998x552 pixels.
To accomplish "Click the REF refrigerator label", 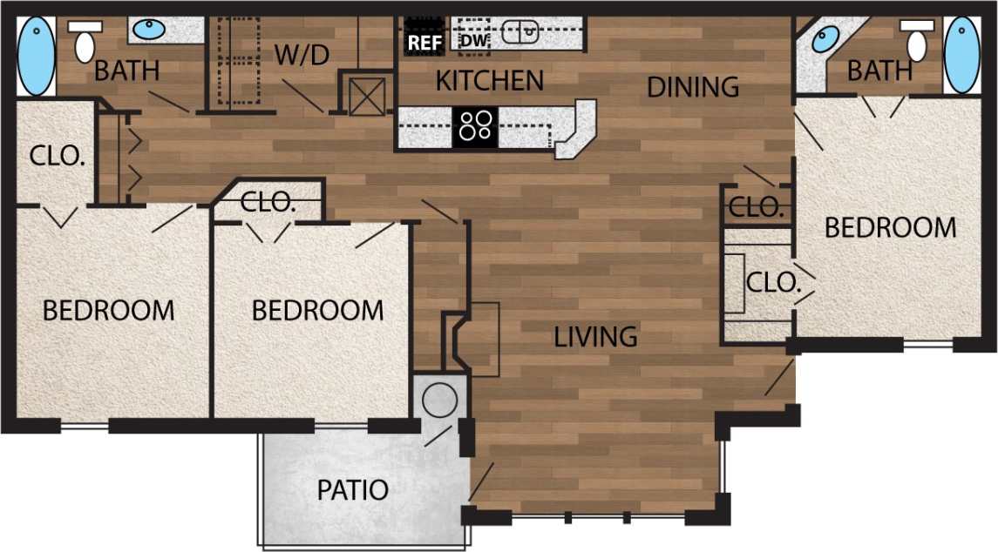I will click(x=424, y=41).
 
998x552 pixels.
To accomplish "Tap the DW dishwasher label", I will click(x=472, y=40).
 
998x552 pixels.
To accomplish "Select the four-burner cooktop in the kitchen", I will click(x=475, y=126).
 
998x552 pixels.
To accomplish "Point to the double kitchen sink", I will click(x=529, y=34).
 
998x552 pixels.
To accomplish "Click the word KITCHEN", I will click(x=489, y=81).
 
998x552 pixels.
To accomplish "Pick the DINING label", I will click(x=693, y=87).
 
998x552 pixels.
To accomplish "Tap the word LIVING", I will click(x=595, y=336).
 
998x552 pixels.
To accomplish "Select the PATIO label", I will click(x=352, y=489).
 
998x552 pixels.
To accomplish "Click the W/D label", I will click(x=302, y=55).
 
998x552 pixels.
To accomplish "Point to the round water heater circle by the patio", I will click(x=439, y=400).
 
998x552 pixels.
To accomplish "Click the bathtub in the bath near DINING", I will click(x=961, y=55).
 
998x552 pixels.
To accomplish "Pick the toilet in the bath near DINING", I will click(x=915, y=41).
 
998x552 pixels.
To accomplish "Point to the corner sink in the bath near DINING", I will click(x=825, y=38).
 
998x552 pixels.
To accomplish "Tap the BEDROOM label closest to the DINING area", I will click(x=890, y=228).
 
